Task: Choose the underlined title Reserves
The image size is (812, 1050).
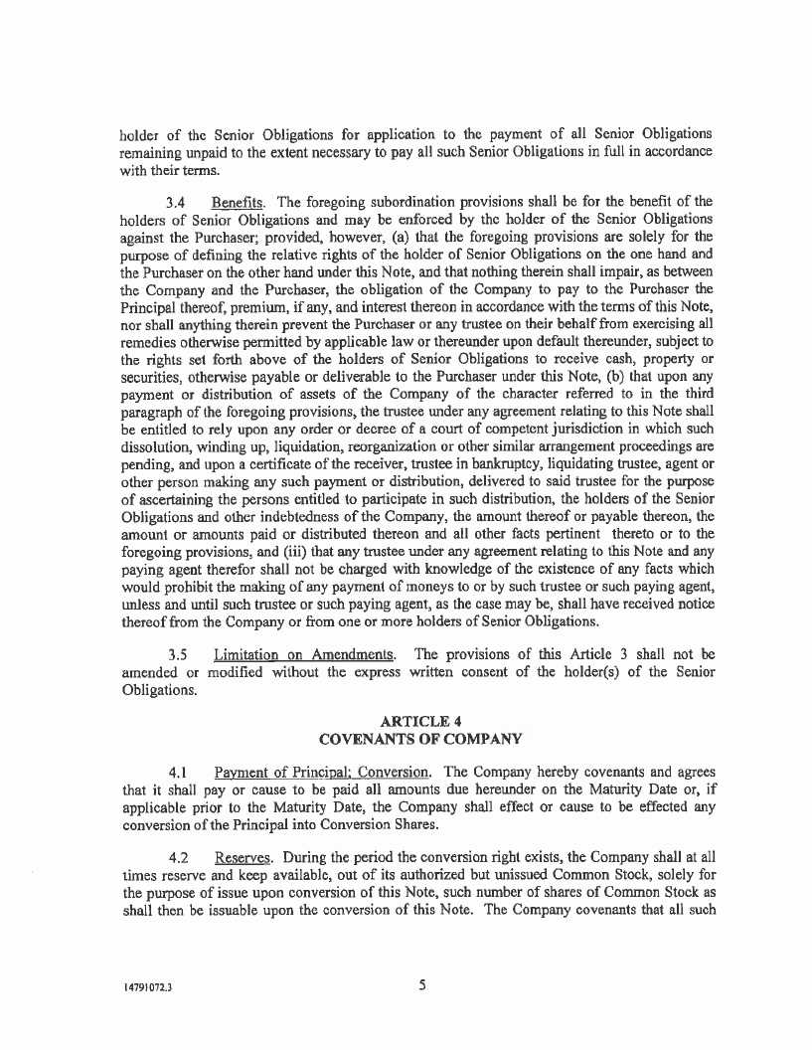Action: (x=243, y=854)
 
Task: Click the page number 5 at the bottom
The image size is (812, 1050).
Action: (x=422, y=986)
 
